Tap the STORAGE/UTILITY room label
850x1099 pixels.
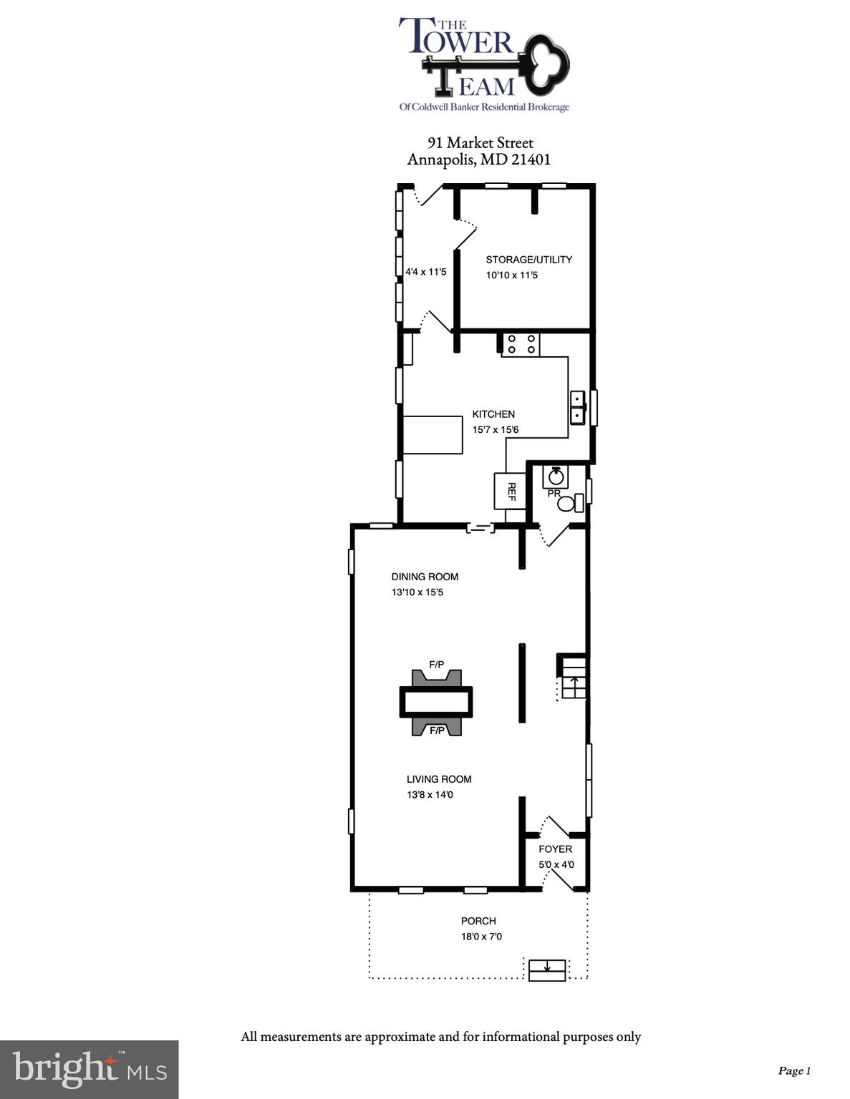point(528,260)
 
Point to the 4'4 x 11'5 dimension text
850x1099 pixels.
point(425,272)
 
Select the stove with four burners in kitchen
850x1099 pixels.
point(520,345)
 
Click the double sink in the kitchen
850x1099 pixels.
point(577,407)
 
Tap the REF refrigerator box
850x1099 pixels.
point(510,491)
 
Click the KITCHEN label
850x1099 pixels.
point(493,414)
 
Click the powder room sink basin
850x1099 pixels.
point(555,475)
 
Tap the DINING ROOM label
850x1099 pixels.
point(425,577)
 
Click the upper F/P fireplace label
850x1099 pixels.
point(436,665)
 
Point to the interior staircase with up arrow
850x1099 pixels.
point(573,677)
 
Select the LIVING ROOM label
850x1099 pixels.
point(439,779)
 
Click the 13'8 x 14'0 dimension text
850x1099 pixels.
point(430,795)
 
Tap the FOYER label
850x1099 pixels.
point(555,849)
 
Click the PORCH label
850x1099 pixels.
point(478,921)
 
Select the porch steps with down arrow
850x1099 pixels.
point(547,969)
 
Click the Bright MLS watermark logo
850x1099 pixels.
point(89,1069)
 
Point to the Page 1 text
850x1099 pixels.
point(793,1071)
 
